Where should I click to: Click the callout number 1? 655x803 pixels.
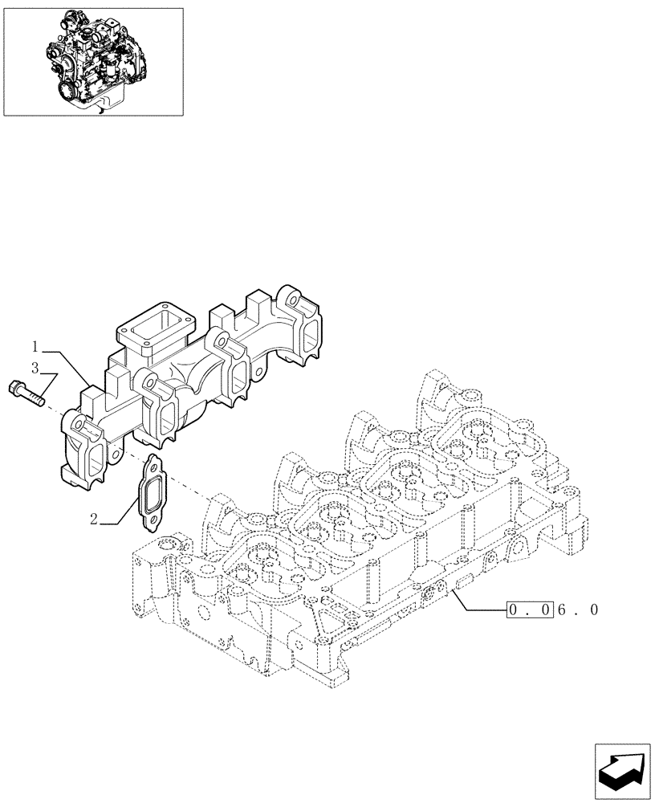(x=35, y=346)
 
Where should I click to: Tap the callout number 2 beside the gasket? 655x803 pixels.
(x=94, y=520)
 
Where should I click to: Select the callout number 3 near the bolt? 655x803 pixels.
(x=35, y=368)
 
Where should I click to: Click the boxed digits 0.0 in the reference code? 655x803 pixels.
(x=529, y=609)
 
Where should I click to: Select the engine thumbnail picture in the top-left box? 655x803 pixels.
(x=92, y=62)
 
